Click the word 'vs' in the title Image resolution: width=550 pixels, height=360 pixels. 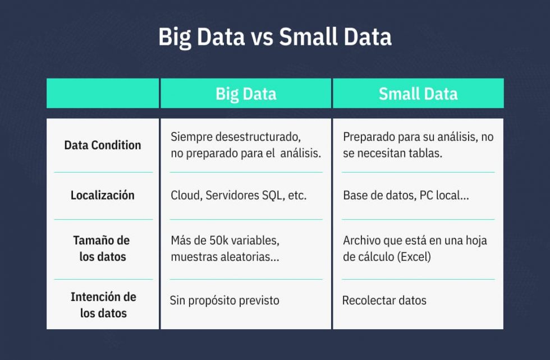pyautogui.click(x=262, y=38)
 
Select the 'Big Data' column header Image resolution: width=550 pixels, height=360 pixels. pyautogui.click(x=246, y=94)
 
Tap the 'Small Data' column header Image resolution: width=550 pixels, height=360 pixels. pyautogui.click(x=418, y=94)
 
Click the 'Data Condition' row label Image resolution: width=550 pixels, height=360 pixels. pyautogui.click(x=103, y=145)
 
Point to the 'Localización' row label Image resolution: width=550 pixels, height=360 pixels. pyautogui.click(x=103, y=195)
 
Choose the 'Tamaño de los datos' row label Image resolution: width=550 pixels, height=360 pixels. pyautogui.click(x=102, y=248)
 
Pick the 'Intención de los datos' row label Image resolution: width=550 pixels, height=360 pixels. pyautogui.click(x=103, y=304)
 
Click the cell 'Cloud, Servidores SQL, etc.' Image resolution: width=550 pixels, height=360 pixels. pyautogui.click(x=239, y=196)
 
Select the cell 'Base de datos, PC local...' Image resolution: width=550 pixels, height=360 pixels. pyautogui.click(x=407, y=196)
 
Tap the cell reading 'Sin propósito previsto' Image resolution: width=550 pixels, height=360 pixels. pyautogui.click(x=224, y=301)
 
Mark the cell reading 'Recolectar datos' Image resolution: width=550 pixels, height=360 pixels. pyautogui.click(x=384, y=301)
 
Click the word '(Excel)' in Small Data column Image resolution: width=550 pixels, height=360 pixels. pyautogui.click(x=415, y=257)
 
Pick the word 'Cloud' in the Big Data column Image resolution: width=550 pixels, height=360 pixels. pyautogui.click(x=185, y=196)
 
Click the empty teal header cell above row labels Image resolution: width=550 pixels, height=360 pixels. pyautogui.click(x=103, y=94)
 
